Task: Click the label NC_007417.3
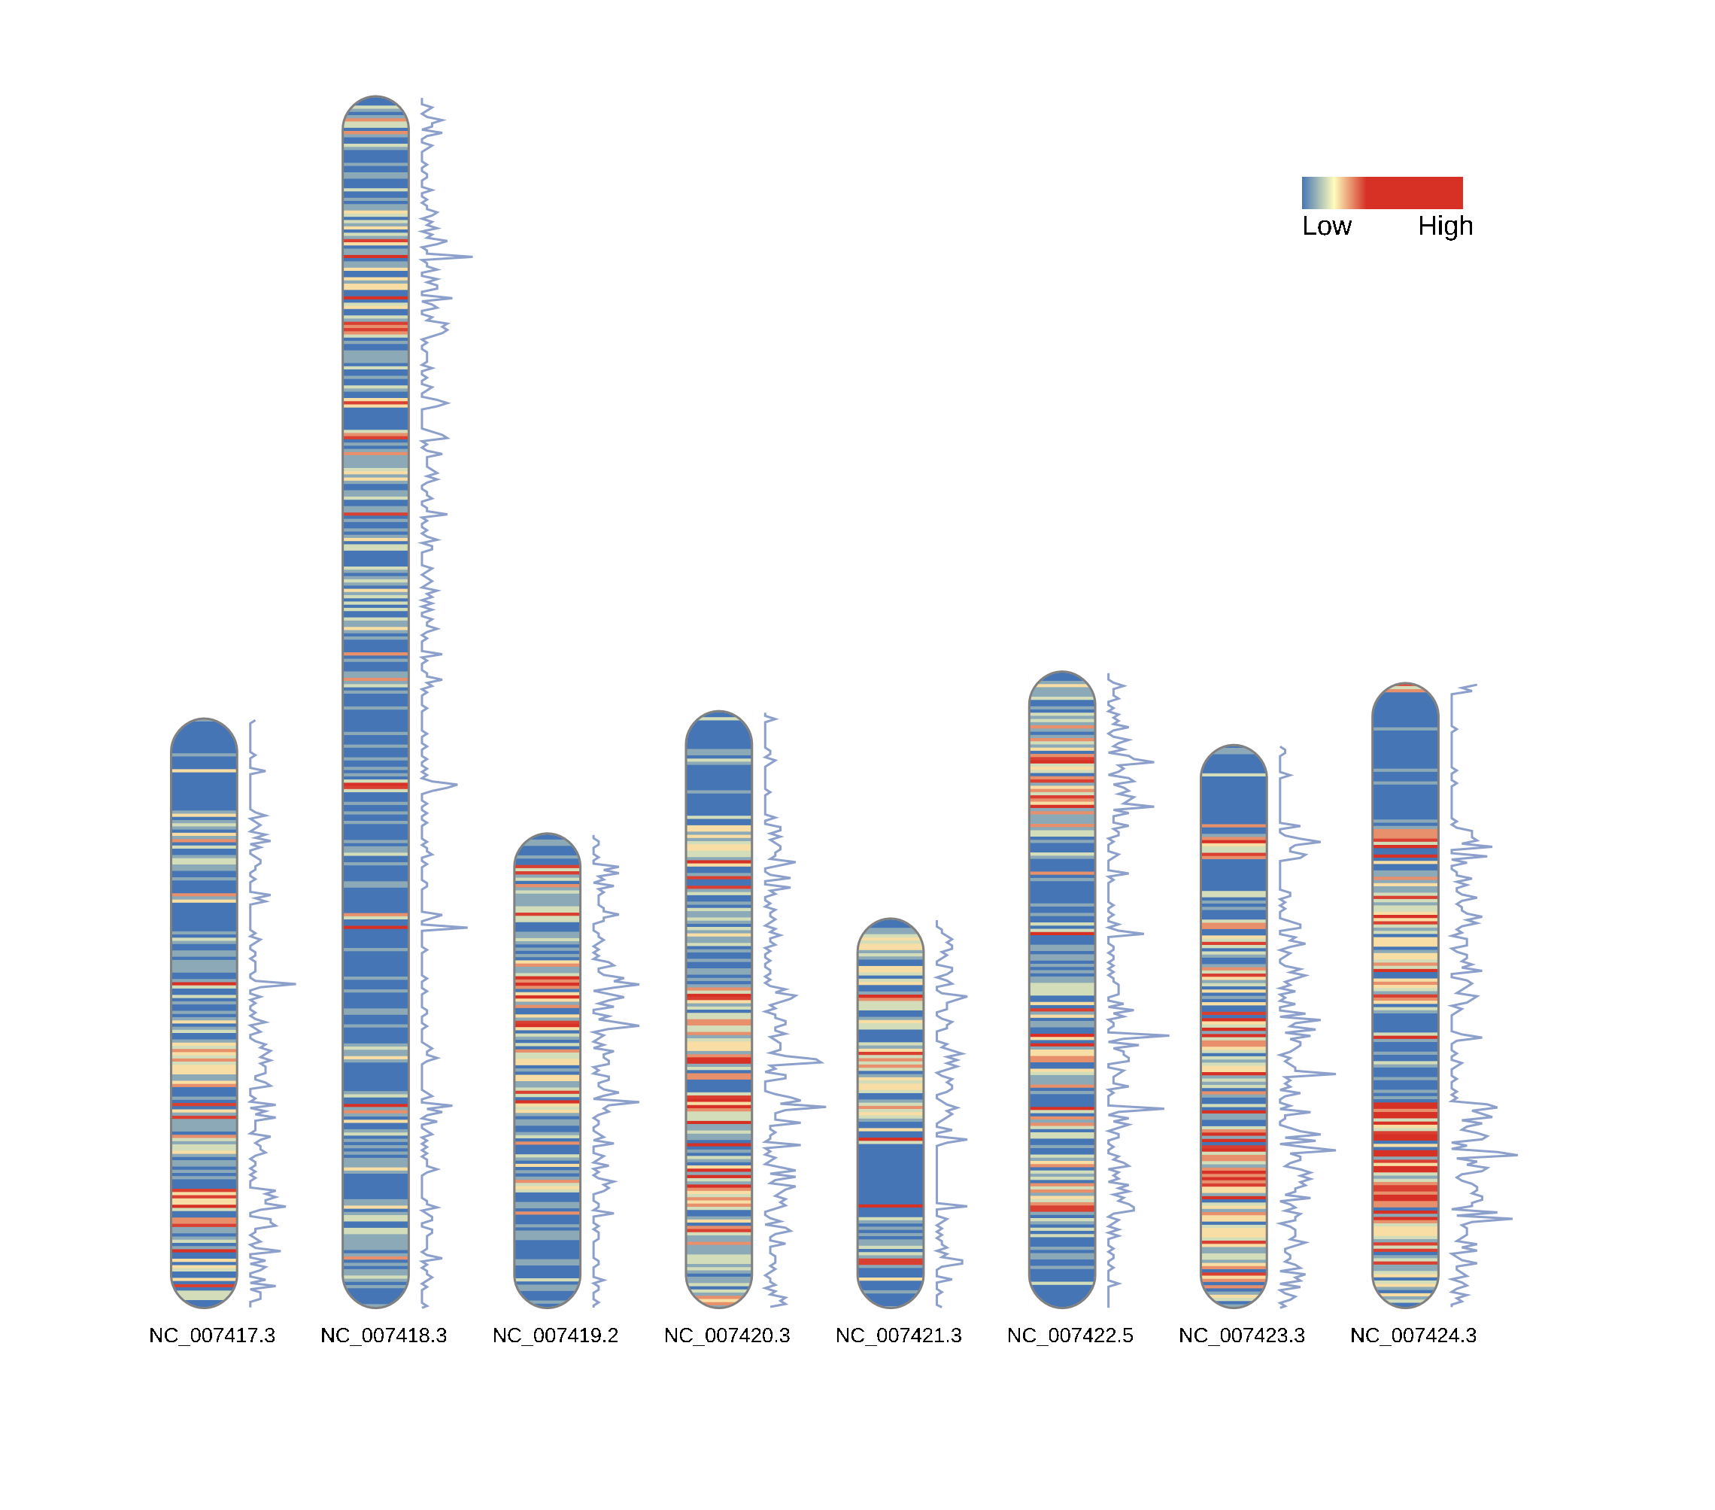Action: click(211, 1335)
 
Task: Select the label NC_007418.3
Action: click(384, 1335)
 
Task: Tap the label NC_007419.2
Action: click(554, 1335)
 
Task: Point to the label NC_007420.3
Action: click(727, 1335)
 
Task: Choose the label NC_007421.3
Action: click(898, 1335)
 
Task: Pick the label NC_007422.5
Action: click(1070, 1335)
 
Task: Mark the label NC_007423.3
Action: click(1241, 1335)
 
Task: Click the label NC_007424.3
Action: click(1413, 1335)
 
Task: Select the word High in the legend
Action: click(1445, 226)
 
